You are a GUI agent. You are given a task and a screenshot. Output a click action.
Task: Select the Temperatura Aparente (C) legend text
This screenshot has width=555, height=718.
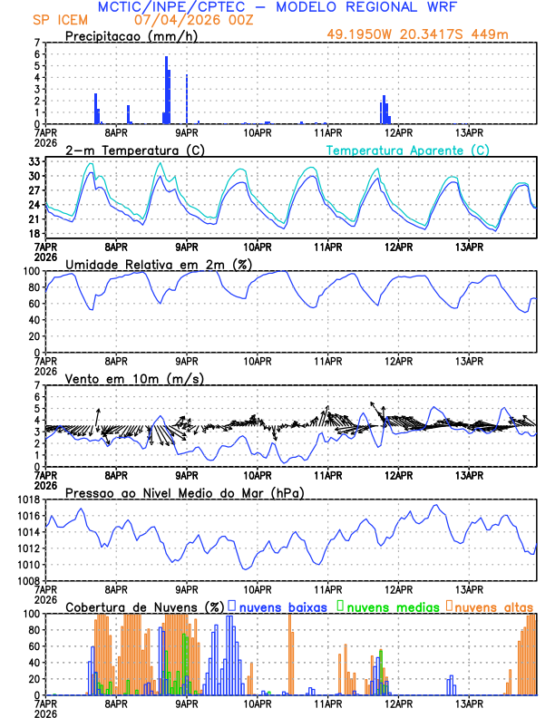pyautogui.click(x=407, y=150)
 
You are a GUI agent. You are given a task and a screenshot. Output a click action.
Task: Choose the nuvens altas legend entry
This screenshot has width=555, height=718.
pyautogui.click(x=494, y=606)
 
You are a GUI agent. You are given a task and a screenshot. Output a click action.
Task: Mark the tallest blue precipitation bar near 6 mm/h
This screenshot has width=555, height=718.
pyautogui.click(x=166, y=89)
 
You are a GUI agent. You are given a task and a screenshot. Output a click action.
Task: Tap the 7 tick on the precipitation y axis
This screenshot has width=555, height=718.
pyautogui.click(x=36, y=43)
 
